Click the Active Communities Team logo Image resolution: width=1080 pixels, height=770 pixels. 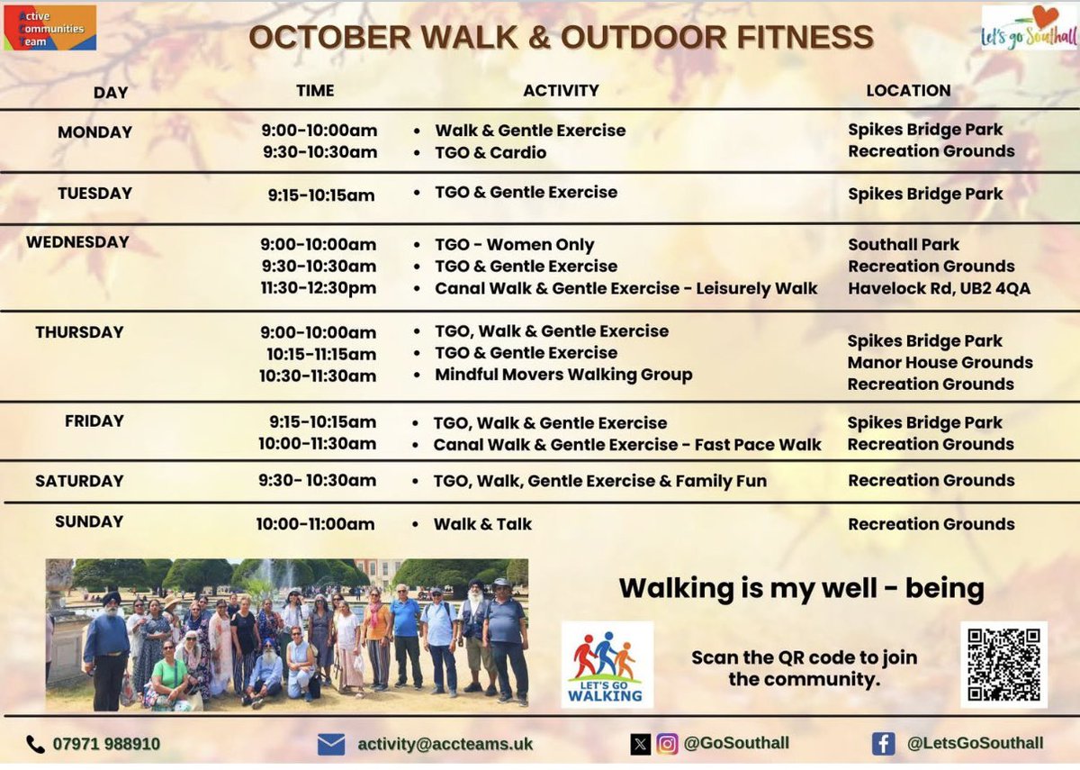pos(49,28)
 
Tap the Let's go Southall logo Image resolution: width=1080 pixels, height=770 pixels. pos(1029,28)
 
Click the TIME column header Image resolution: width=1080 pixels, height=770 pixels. pos(315,90)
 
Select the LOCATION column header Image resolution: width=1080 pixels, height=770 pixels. pos(908,90)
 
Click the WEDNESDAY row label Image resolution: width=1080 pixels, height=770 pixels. pos(77,242)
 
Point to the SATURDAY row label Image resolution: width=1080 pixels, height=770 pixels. pos(79,481)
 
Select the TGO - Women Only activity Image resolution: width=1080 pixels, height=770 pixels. pos(514,245)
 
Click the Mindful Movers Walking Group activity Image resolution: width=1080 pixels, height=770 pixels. pos(563,375)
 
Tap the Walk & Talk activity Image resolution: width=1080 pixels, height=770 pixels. pos(482,524)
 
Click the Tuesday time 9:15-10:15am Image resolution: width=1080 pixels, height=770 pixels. pos(320,195)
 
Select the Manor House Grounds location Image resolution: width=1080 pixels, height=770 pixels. pos(940,362)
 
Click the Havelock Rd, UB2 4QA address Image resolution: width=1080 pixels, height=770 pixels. pos(939,288)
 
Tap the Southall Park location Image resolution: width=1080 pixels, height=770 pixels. pos(904,245)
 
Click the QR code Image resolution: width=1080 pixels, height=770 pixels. pos(1003,664)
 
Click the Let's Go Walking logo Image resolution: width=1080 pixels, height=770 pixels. pos(607,665)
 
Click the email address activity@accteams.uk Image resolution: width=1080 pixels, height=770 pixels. pos(445,744)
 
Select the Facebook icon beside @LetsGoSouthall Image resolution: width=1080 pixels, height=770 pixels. pos(883,744)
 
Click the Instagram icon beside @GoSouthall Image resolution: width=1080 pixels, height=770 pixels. pos(667,744)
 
